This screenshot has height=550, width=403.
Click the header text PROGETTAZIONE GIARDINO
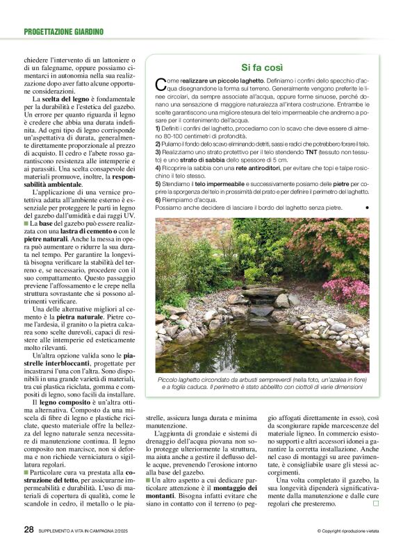[x=63, y=31]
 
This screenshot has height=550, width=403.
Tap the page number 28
[x=28, y=530]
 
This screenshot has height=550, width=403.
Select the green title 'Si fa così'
[x=262, y=68]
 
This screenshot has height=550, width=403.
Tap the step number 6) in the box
[x=158, y=199]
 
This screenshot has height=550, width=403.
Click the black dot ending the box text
[x=366, y=208]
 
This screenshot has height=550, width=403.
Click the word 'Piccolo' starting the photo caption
[x=170, y=380]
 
